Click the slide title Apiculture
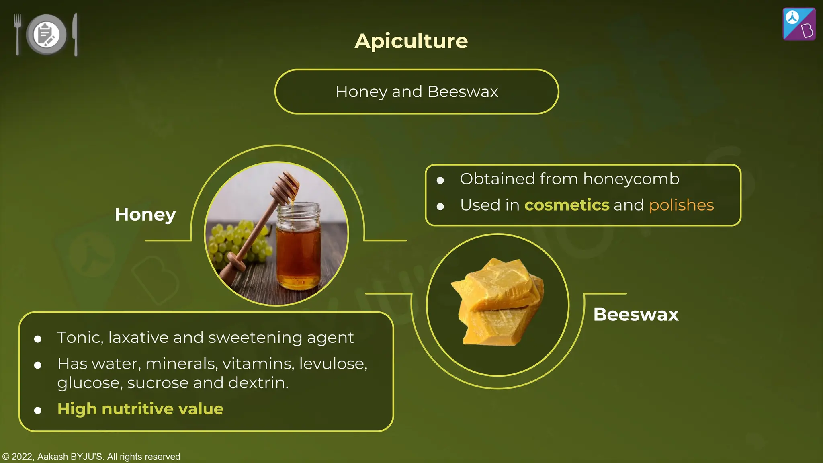(x=411, y=41)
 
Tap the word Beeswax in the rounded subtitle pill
(x=463, y=92)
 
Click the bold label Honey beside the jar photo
(x=145, y=214)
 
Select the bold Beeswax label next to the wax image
(x=636, y=314)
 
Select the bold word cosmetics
(x=567, y=205)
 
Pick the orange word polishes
(x=681, y=205)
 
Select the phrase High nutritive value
(x=140, y=409)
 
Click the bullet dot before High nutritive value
(x=38, y=410)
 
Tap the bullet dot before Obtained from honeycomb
(x=440, y=180)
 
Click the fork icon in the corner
(x=17, y=34)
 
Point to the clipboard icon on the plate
(x=46, y=34)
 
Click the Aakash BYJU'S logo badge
(x=799, y=24)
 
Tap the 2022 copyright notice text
(x=91, y=457)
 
